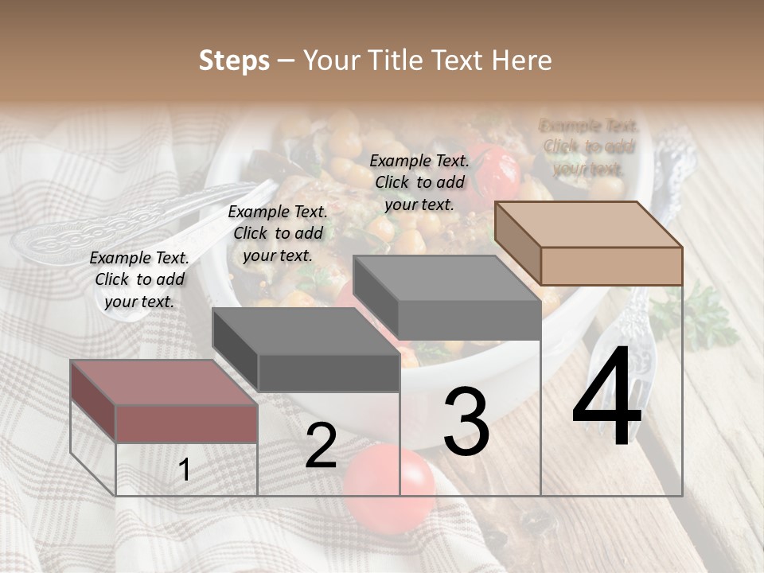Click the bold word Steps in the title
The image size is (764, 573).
[x=234, y=60]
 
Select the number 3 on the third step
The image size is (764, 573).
[x=466, y=423]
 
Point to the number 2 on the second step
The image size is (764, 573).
[x=321, y=446]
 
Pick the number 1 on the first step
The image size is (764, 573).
[x=185, y=470]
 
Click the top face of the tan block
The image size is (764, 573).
[x=587, y=224]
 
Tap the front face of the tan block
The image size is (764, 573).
[x=611, y=266]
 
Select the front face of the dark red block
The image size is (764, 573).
[x=186, y=423]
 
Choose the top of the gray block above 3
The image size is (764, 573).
[x=446, y=279]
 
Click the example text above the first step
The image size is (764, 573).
[x=139, y=279]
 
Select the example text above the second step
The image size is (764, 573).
[x=278, y=233]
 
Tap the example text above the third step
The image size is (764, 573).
[x=419, y=182]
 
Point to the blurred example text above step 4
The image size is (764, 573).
[x=588, y=147]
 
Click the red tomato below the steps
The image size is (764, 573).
[x=390, y=482]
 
